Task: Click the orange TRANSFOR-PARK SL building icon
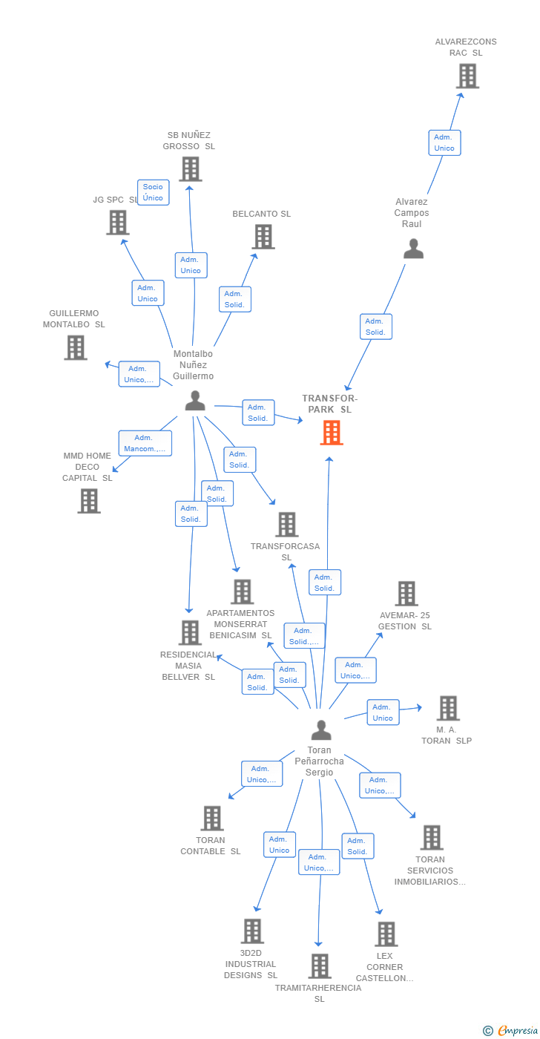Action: (332, 432)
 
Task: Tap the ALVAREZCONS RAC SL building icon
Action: (467, 76)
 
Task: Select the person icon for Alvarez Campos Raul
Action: (413, 249)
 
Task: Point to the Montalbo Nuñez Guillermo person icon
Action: (195, 400)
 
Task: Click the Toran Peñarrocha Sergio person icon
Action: (321, 730)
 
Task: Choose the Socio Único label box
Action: (154, 192)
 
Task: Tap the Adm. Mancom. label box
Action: (145, 444)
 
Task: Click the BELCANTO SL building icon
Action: (263, 237)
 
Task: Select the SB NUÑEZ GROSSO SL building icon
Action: (191, 169)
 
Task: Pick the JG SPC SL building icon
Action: (118, 223)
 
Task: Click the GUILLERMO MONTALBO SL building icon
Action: (76, 347)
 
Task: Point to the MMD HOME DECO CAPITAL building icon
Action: (89, 501)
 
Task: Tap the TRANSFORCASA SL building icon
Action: (287, 524)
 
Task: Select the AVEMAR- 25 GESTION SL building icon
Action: (406, 594)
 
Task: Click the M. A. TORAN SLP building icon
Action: (448, 708)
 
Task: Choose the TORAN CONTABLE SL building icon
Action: (212, 818)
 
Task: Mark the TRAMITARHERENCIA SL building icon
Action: (320, 966)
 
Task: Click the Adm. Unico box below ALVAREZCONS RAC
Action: (444, 142)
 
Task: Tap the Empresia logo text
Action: (518, 1031)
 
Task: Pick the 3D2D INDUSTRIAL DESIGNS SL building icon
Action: (253, 931)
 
